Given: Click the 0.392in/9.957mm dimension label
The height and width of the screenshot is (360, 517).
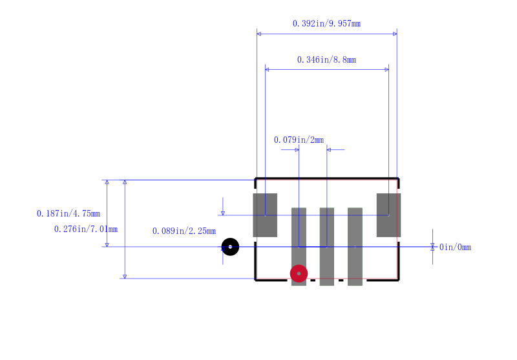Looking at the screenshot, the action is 326,24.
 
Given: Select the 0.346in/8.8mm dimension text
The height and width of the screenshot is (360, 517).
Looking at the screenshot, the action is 326,59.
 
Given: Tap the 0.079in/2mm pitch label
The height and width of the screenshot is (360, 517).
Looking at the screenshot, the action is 299,140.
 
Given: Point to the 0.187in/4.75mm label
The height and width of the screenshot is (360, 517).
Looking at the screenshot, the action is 69,214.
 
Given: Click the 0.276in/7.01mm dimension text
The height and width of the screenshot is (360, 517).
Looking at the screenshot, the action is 86,229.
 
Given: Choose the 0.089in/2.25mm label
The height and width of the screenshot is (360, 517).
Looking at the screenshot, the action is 184,231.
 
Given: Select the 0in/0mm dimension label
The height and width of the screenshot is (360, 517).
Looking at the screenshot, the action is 455,248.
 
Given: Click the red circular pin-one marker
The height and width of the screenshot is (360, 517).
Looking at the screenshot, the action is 299,273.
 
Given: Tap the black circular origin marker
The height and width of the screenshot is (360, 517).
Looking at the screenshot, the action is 230,247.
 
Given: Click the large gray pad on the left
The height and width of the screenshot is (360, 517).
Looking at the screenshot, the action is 265,215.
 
